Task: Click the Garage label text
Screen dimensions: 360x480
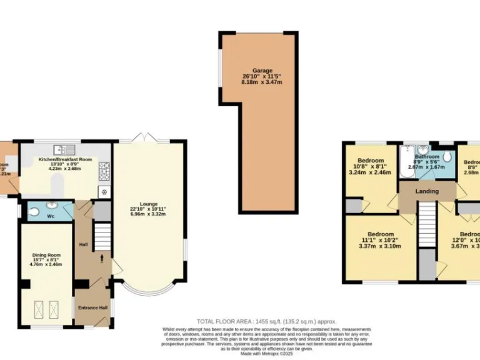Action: [x=262, y=71]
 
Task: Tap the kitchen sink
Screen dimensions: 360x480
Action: [x=62, y=149]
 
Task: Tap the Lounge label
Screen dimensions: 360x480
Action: [x=148, y=203]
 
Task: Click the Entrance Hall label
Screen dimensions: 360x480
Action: [x=92, y=308]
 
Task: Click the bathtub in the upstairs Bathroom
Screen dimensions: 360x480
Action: [x=408, y=154]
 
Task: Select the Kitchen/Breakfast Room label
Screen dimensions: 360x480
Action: [x=66, y=160]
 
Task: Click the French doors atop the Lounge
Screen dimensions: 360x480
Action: [x=143, y=137]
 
